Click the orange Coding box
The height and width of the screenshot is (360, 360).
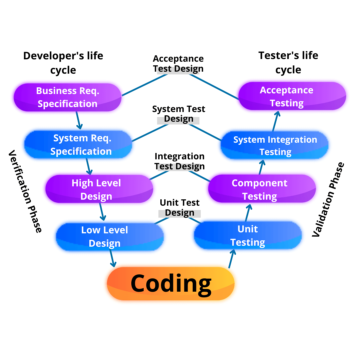171,283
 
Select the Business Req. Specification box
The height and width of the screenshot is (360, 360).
67,97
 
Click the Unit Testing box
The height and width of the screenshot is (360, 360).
248,235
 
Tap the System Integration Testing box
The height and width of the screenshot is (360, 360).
275,145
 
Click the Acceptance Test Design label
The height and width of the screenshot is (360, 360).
178,64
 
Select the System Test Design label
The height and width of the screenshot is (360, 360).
179,114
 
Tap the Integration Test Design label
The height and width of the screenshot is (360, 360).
180,161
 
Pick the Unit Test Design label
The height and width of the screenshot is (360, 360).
180,208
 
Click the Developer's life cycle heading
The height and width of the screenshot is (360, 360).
63,63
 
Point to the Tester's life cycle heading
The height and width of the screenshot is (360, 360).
288,62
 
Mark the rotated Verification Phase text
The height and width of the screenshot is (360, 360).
25,191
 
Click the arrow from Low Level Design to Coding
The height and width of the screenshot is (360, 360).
112,258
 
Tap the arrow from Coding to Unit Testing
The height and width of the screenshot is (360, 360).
231,258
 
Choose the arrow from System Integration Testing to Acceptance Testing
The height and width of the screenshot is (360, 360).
276,121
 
